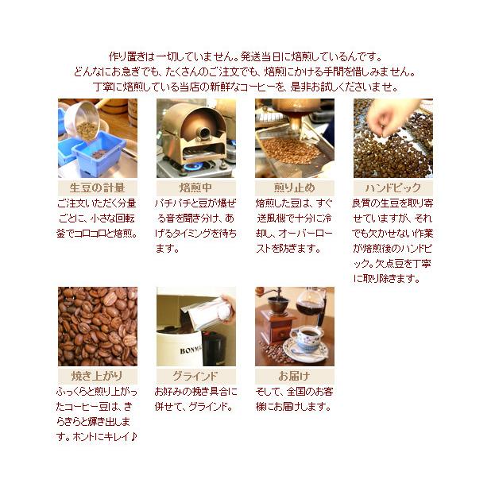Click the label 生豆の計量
97,188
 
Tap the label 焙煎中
195,188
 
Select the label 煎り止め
294,188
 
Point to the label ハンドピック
393,188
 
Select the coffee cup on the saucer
305,338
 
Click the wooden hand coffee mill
278,318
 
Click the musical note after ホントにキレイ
134,438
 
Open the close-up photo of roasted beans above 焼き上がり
97,326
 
